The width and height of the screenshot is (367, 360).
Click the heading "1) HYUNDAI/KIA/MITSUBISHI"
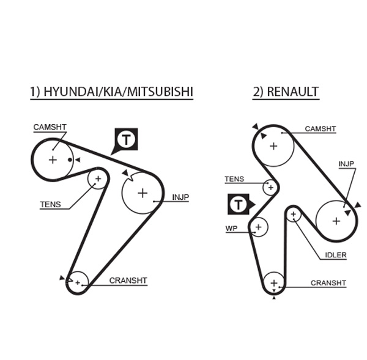click(112, 92)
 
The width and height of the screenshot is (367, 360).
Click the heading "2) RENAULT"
click(285, 92)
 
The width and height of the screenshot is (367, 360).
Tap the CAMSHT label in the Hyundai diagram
click(50, 127)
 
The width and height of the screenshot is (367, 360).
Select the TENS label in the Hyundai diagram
click(50, 204)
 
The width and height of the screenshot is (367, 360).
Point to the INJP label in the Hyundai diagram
click(180, 197)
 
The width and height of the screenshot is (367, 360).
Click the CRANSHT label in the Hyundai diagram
click(128, 281)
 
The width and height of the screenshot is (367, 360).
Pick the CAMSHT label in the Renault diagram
click(321, 129)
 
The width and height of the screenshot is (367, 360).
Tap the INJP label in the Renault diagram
click(346, 164)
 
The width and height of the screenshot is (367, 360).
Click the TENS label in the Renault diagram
click(234, 179)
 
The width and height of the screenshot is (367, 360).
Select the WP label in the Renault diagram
click(231, 228)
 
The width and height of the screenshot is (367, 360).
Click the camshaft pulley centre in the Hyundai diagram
click(53, 160)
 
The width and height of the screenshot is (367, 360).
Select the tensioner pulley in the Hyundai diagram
click(98, 179)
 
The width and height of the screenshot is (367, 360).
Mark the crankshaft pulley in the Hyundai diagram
click(78, 282)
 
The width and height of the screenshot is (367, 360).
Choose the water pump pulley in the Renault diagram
click(259, 227)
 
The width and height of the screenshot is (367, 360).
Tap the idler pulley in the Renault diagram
click(294, 215)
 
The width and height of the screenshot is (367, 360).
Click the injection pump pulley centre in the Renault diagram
click(336, 221)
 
